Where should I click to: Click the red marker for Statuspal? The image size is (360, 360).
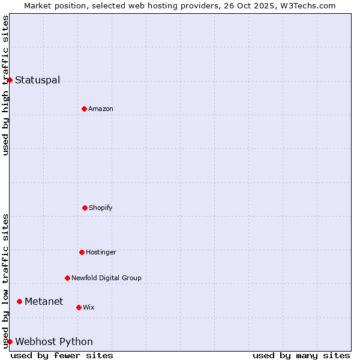pos(10,80)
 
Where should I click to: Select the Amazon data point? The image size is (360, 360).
pos(84,109)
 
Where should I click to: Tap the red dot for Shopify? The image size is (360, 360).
pos(85,208)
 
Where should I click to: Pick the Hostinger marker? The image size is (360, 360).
pos(82,252)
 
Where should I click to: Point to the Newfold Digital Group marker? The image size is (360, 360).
pos(67,278)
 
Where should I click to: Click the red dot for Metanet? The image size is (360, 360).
pos(19,301)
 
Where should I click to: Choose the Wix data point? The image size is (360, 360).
pos(79,307)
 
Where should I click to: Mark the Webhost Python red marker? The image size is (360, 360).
pos(10,341)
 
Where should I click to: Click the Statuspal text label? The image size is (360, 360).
pos(37,80)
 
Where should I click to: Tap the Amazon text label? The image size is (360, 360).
pos(101,109)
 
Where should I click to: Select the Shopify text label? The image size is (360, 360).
pos(101,208)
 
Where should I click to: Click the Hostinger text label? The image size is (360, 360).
pos(101,252)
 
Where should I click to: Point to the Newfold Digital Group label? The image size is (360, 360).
pos(106,278)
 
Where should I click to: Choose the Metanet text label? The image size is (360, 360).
pos(44,301)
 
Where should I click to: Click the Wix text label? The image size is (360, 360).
pos(89,307)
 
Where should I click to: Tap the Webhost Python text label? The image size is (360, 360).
pos(54,341)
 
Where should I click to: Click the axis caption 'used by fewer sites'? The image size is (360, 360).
pos(62,355)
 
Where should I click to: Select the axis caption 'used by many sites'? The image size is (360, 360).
pos(301,355)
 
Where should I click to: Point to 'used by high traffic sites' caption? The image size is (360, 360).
pos(5,85)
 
